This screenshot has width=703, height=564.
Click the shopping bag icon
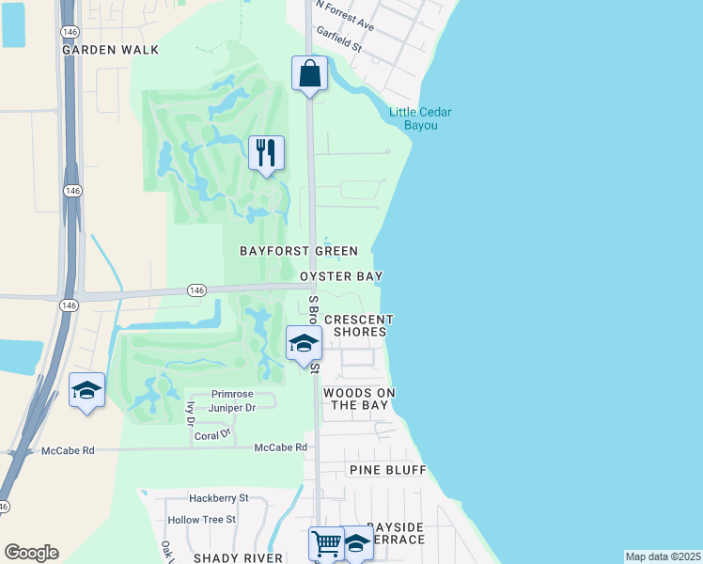point(309,73)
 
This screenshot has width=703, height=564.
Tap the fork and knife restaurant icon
point(266,152)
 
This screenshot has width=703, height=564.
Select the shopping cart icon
point(325,543)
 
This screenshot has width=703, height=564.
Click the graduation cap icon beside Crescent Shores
point(304,343)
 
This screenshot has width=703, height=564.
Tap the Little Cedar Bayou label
point(420,118)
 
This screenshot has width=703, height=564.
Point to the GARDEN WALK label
point(111,50)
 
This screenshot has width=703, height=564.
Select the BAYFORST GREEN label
point(299,251)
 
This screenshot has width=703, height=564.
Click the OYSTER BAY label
point(341,277)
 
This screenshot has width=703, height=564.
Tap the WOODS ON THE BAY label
point(358,399)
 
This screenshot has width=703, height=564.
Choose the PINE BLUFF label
point(388,469)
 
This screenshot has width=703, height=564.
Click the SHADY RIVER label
point(238,557)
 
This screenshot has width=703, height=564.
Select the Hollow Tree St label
point(201,519)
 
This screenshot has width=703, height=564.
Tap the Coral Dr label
point(211,435)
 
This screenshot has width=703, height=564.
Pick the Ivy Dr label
point(190,410)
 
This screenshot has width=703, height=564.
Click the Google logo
point(31,553)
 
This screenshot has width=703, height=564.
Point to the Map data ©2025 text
point(663,556)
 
